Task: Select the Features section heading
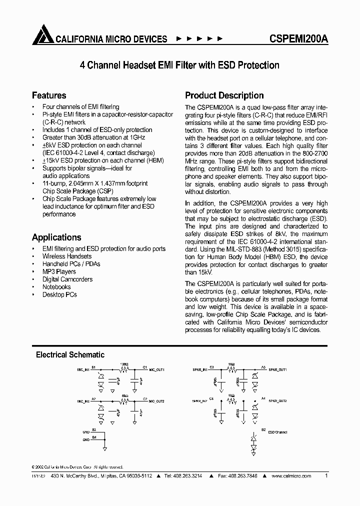coord(49,95)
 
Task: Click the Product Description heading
coord(224,95)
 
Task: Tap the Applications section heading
coord(56,237)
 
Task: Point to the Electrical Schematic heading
coord(70,354)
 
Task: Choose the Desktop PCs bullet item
coord(60,295)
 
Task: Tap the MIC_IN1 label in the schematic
coord(83,369)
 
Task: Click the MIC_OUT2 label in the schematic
coord(156,401)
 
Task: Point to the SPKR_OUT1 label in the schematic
coord(277,369)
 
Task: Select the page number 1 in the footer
coord(326,476)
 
